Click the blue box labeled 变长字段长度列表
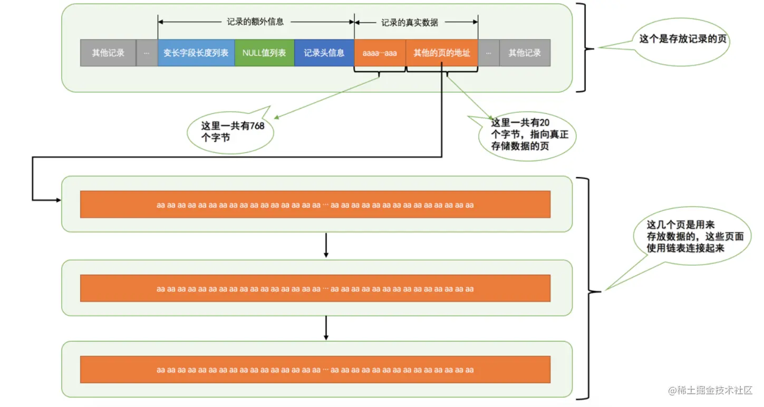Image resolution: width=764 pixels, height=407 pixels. [x=196, y=53]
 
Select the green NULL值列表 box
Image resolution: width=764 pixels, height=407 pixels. [x=264, y=53]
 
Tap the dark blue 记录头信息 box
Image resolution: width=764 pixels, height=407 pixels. [x=324, y=53]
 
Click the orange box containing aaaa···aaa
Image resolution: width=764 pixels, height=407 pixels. [x=380, y=53]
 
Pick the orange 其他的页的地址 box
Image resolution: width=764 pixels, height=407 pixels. [x=442, y=53]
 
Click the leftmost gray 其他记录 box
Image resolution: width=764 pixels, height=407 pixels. [x=108, y=53]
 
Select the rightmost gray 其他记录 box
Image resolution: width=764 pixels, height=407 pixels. [x=525, y=53]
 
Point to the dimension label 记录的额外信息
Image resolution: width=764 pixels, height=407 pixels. [x=256, y=22]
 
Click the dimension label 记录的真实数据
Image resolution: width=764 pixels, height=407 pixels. [x=410, y=23]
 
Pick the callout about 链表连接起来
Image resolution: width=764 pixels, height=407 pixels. [x=691, y=236]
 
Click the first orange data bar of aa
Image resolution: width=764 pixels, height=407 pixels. [x=315, y=205]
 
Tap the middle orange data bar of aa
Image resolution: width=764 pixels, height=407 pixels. [x=315, y=288]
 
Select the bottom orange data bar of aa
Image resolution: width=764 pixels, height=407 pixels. [x=315, y=370]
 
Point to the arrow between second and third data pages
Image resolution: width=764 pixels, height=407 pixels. [x=326, y=328]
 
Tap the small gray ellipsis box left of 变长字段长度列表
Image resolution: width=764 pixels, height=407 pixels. [x=147, y=53]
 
